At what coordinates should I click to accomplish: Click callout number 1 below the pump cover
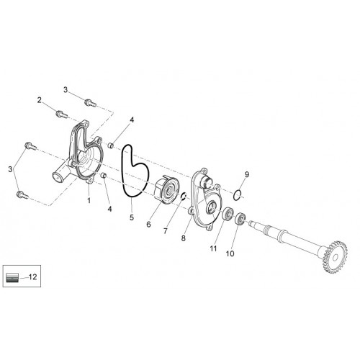click(x=89, y=200)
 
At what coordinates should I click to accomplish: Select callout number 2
click(x=40, y=100)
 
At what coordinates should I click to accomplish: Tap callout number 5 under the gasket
click(x=132, y=217)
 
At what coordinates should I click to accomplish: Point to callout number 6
click(x=148, y=225)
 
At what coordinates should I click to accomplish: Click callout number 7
click(x=166, y=231)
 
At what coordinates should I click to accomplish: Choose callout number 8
click(x=184, y=238)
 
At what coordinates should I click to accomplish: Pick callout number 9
click(x=247, y=174)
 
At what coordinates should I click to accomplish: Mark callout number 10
click(x=230, y=253)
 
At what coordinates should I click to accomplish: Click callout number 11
click(x=213, y=248)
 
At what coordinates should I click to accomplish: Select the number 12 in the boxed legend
click(x=33, y=276)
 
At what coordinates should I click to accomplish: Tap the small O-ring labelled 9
click(x=237, y=194)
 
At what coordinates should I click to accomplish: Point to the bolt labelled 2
click(x=61, y=114)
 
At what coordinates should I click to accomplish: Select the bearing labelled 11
click(x=228, y=214)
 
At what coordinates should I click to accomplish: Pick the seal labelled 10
click(x=240, y=218)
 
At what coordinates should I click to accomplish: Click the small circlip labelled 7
click(x=184, y=197)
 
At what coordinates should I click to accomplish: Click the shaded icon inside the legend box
click(x=12, y=277)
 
